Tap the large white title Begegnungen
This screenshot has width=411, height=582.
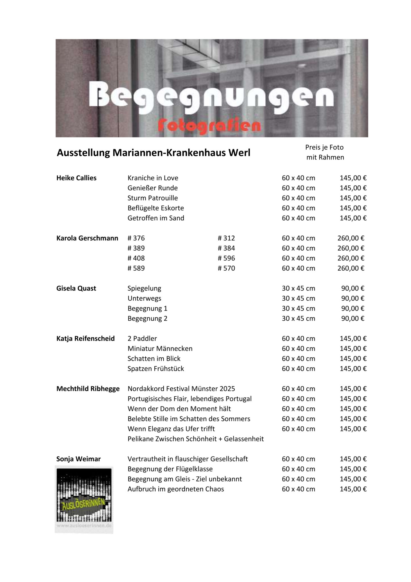point(211,96)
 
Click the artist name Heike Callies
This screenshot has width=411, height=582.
point(76,178)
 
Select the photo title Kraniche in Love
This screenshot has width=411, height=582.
point(153,178)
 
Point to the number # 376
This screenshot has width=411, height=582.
point(136,238)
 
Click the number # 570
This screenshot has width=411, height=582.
point(226,268)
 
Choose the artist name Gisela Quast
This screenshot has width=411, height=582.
point(76,288)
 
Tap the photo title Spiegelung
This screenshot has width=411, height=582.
point(144,288)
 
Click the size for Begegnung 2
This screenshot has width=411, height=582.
point(298,318)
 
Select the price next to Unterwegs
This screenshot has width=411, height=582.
point(352,298)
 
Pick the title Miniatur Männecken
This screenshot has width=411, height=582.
point(160,348)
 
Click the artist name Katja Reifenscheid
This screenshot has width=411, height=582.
point(85,338)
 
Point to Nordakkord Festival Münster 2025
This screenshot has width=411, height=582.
point(181,388)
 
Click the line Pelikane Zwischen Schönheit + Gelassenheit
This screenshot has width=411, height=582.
point(196,439)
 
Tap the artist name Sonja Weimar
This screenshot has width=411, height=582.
point(78,459)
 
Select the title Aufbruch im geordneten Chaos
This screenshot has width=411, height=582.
point(176,489)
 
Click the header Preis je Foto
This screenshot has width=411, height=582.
point(324,147)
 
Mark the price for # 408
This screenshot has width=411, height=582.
point(351,258)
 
